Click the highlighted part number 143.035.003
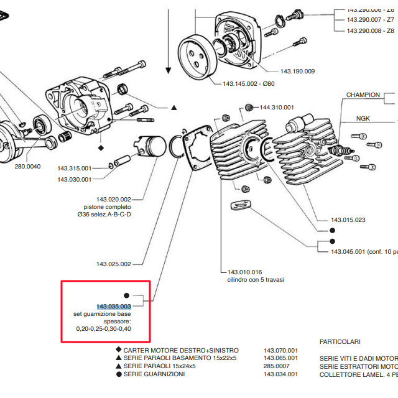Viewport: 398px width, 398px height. click(x=113, y=307)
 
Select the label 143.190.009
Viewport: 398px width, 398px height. click(x=297, y=72)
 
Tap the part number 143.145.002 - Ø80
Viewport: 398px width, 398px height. click(x=248, y=83)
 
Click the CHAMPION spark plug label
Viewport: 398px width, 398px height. click(x=363, y=95)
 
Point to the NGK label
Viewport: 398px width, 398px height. click(x=363, y=118)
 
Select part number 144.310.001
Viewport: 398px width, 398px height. click(x=277, y=106)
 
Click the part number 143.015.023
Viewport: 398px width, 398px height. click(x=348, y=220)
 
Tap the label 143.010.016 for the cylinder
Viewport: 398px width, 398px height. click(x=244, y=272)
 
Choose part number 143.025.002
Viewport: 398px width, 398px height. click(x=114, y=264)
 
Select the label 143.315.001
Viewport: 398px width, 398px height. click(x=74, y=169)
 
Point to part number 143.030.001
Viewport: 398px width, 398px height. click(x=74, y=179)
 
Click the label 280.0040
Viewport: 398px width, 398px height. click(x=27, y=166)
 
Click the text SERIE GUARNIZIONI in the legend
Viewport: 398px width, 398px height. click(x=154, y=374)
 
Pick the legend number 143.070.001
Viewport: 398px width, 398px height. click(x=280, y=351)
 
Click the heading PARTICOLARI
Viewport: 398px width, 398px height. click(x=340, y=342)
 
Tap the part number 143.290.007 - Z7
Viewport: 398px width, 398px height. click(x=370, y=20)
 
